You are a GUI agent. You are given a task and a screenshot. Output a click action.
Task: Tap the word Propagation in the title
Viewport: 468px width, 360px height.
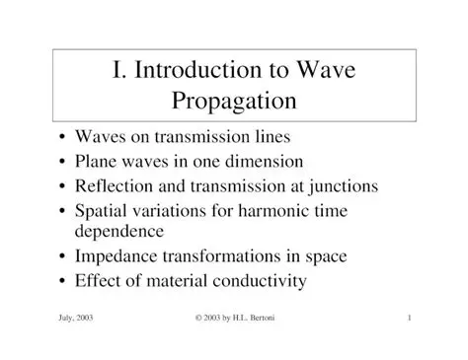point(234,102)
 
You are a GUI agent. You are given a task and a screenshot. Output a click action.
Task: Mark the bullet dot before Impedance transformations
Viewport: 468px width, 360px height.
point(64,257)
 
